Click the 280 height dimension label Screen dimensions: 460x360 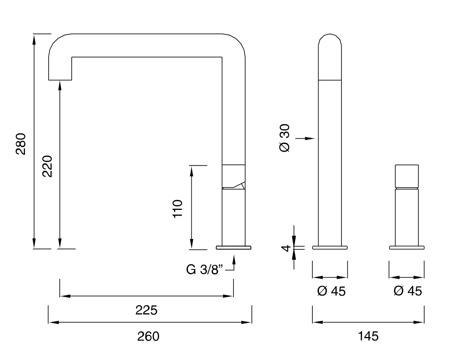click(x=21, y=144)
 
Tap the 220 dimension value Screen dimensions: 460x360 click(x=47, y=166)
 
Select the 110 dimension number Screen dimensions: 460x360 click(x=177, y=209)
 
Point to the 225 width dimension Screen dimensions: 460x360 click(x=146, y=310)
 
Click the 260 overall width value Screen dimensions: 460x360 click(x=148, y=336)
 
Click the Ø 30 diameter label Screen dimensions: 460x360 click(x=284, y=138)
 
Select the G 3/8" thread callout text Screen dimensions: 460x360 click(x=204, y=270)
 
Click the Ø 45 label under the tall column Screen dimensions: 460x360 click(x=332, y=291)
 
